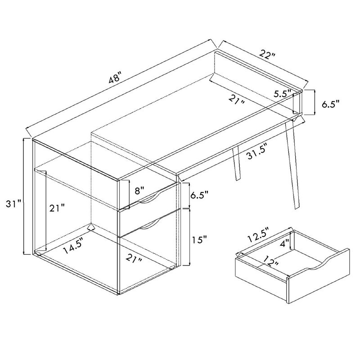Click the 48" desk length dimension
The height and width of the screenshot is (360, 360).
pyautogui.click(x=115, y=76)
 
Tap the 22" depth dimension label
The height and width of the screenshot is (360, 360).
pyautogui.click(x=267, y=55)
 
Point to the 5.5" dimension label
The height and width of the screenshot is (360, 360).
pyautogui.click(x=283, y=94)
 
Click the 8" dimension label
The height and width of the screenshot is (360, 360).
pyautogui.click(x=139, y=190)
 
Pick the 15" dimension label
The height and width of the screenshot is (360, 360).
pyautogui.click(x=199, y=240)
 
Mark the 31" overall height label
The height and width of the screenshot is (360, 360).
pyautogui.click(x=14, y=204)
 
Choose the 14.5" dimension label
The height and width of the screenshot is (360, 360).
pyautogui.click(x=73, y=246)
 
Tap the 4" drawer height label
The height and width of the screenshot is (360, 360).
pyautogui.click(x=285, y=243)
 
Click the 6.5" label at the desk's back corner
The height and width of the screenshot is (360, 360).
pyautogui.click(x=330, y=104)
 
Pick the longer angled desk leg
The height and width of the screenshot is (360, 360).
pyautogui.click(x=293, y=165)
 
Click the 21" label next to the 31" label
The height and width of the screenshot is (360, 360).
pyautogui.click(x=57, y=208)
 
